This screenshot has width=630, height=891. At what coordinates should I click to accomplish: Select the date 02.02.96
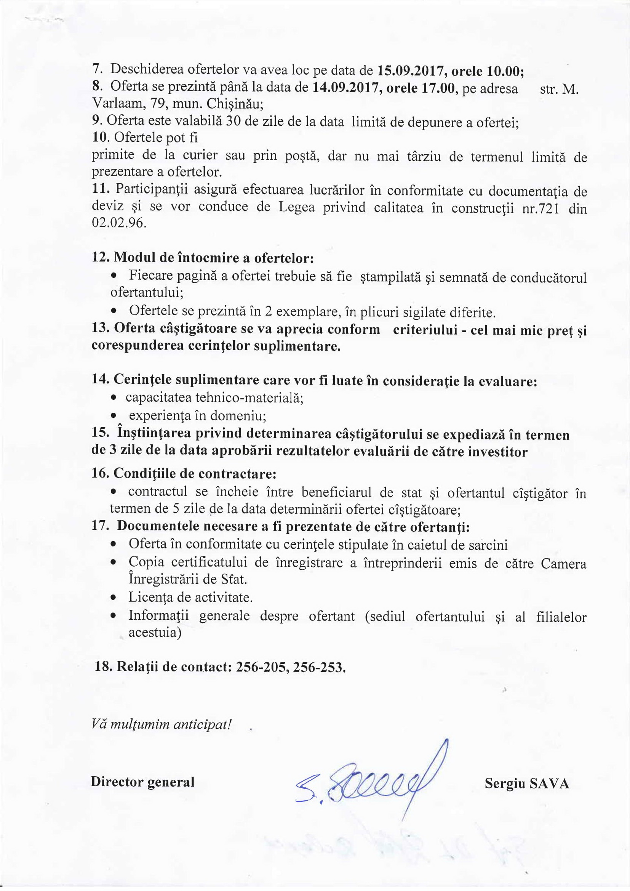119,224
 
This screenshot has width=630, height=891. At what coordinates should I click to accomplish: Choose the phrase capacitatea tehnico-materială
214,398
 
